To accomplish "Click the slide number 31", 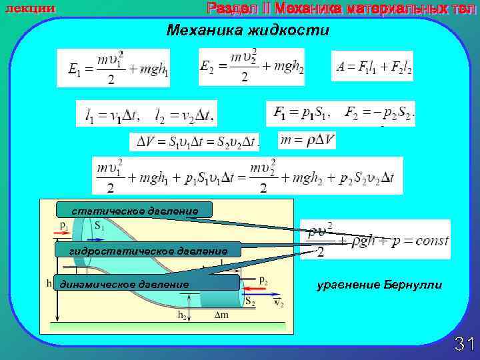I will (463, 344).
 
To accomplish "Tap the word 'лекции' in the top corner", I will (30, 8).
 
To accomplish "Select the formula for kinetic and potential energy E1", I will (113, 67).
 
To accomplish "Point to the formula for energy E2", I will (251, 66).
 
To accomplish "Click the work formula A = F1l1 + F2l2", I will (372, 66).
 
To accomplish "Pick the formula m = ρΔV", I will (307, 140).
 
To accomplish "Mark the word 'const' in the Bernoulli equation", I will (431, 240).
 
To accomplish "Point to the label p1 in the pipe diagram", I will (63, 227).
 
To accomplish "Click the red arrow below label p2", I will (254, 291).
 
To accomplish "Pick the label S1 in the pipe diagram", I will (99, 226).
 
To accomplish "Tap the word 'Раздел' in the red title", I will (229, 9).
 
